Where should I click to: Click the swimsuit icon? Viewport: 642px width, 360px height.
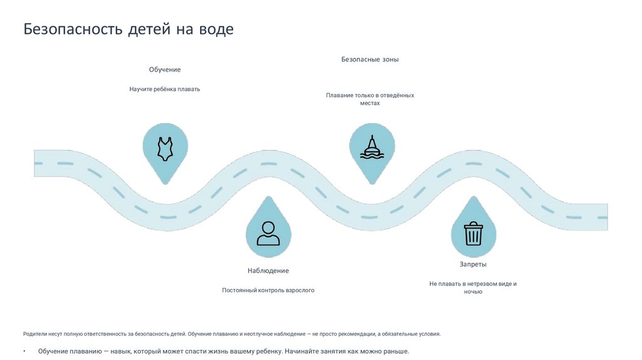click(165, 149)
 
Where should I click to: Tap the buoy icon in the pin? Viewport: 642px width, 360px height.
click(372, 147)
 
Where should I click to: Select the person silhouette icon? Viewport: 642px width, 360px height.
click(268, 233)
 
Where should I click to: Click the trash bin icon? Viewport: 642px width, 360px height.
click(473, 233)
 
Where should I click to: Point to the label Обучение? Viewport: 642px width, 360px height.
click(165, 70)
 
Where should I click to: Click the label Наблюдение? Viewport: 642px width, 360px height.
click(268, 270)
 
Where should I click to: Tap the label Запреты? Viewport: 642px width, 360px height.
click(473, 264)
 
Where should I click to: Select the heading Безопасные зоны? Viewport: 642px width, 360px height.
click(370, 60)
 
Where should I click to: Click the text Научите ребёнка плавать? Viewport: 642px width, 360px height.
click(165, 89)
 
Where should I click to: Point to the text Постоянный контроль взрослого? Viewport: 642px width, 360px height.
click(268, 290)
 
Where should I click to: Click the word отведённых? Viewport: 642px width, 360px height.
click(396, 95)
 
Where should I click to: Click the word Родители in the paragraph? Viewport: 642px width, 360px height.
click(36, 334)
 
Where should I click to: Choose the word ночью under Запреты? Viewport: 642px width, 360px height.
click(473, 292)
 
